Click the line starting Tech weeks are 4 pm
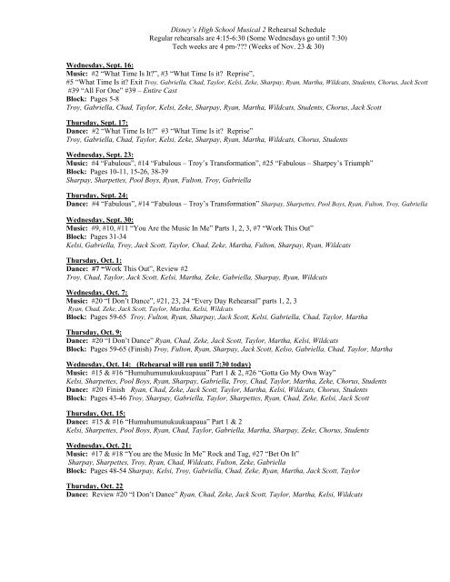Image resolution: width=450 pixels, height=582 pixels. pos(225,42)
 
